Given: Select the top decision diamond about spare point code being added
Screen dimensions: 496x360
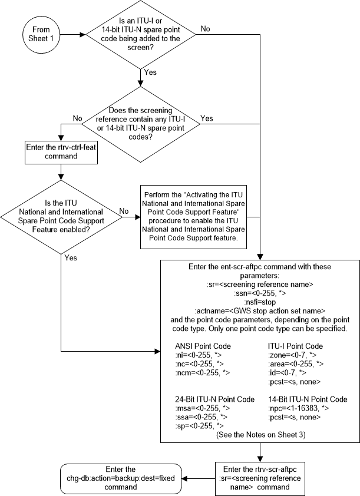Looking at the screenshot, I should [142, 34].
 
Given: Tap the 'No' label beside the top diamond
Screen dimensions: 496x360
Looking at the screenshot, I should [206, 28].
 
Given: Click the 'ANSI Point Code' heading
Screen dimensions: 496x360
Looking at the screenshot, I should [203, 346].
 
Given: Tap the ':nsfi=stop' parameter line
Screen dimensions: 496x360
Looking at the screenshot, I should [260, 301].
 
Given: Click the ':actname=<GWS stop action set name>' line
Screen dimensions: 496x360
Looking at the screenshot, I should [260, 310].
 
